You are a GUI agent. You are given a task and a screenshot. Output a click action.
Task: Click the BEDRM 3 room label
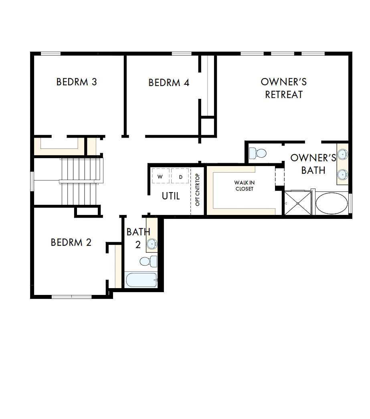tap(77, 82)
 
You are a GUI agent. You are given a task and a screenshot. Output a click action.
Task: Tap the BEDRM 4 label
tap(169, 83)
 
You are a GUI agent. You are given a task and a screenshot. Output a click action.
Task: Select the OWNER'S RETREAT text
tap(284, 88)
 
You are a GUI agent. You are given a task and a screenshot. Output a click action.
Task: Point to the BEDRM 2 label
tap(71, 243)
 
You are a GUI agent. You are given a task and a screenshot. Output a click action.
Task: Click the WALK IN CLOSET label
tap(244, 186)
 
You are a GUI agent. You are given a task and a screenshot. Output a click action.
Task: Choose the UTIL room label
tap(171, 196)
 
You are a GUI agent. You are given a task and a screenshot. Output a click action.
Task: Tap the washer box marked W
tap(160, 176)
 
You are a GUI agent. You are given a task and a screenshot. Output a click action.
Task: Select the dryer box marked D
tap(180, 176)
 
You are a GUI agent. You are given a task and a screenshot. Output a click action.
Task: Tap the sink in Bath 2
tap(152, 244)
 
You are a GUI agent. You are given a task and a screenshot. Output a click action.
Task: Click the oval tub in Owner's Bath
tap(332, 203)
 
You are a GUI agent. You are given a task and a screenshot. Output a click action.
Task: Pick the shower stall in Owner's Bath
tap(297, 203)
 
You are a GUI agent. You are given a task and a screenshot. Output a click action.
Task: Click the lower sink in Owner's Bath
tap(342, 174)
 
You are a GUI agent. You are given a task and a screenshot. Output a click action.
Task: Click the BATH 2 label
tap(138, 238)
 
